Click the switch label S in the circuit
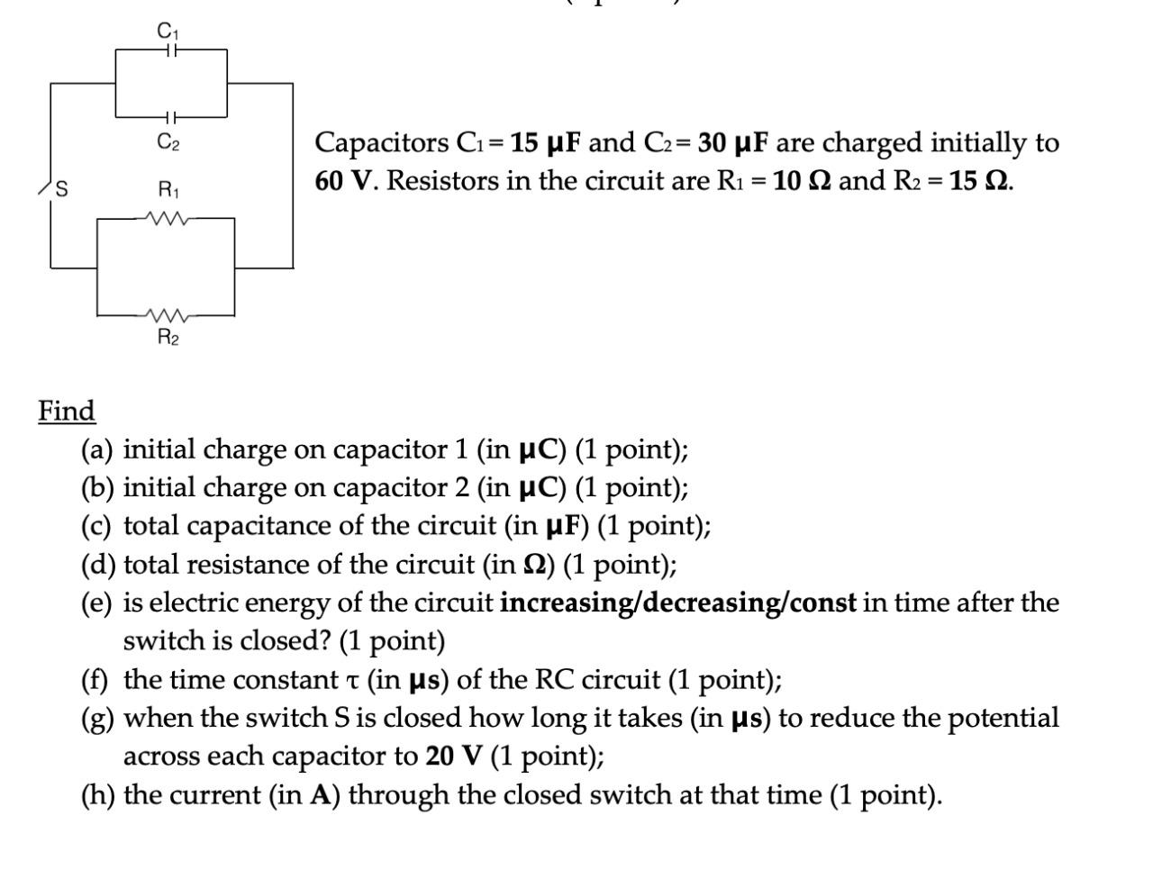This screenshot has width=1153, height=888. pyautogui.click(x=61, y=189)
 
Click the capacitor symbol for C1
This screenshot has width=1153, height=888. pyautogui.click(x=171, y=51)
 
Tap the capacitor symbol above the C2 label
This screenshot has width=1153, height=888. pyautogui.click(x=171, y=117)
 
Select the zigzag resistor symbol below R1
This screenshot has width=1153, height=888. pyautogui.click(x=166, y=217)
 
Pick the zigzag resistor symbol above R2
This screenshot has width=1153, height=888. pyautogui.click(x=166, y=315)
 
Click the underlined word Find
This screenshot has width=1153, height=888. pyautogui.click(x=66, y=411)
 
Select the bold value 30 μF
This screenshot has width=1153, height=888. pyautogui.click(x=732, y=143)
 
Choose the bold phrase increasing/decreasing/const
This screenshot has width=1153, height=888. pyautogui.click(x=677, y=603)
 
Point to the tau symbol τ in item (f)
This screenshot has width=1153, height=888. pyautogui.click(x=353, y=681)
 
